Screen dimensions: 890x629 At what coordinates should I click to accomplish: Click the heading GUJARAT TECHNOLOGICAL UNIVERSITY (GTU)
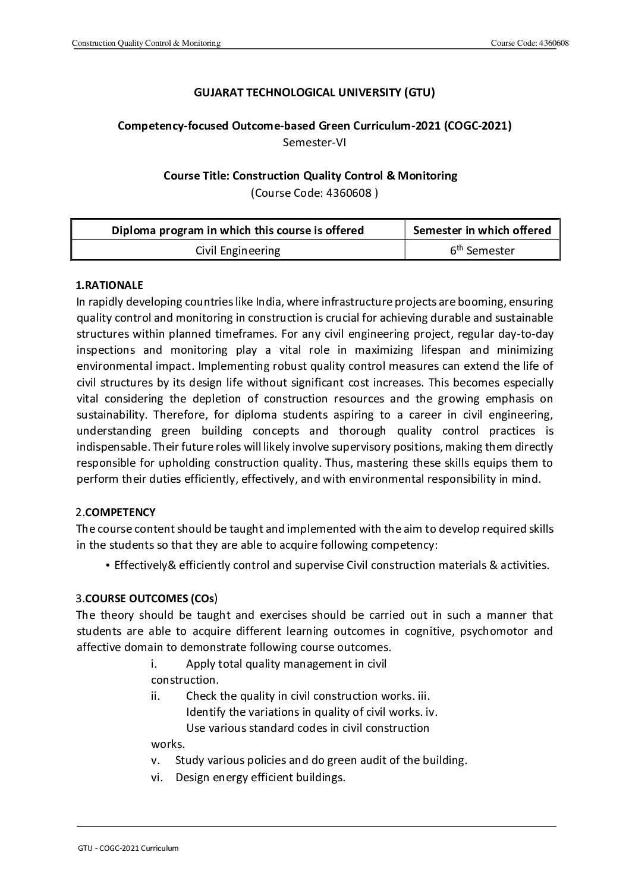314,92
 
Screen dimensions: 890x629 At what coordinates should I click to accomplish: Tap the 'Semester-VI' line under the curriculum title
314,142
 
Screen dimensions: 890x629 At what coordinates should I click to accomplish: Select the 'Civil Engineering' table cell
238,250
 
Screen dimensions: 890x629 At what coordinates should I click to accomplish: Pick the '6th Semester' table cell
482,250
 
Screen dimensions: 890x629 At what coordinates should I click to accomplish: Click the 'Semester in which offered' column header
482,230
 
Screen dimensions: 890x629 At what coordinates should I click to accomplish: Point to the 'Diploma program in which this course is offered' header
238,230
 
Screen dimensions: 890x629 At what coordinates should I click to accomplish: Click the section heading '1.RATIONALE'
109,285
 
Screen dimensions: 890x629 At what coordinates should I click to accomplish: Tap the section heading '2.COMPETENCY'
115,512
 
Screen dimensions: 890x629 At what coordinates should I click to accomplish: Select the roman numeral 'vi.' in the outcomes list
158,776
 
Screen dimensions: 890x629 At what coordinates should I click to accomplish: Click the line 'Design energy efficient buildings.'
260,776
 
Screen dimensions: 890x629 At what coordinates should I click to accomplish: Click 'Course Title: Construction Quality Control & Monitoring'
310,175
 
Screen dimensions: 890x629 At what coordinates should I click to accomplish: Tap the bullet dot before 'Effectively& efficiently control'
108,565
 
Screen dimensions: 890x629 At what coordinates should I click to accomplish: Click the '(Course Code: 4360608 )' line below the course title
314,192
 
